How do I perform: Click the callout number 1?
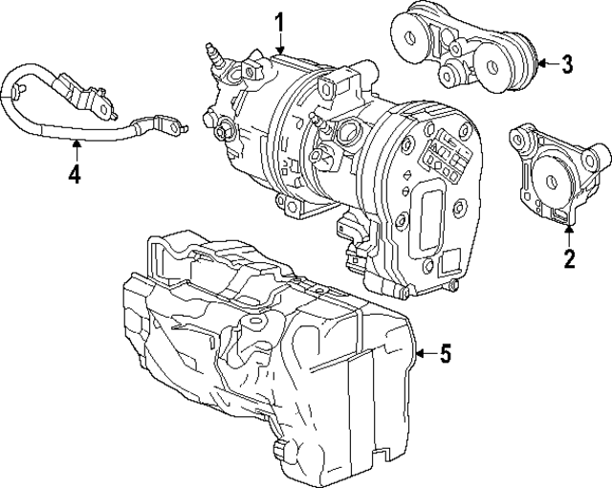pyautogui.click(x=280, y=20)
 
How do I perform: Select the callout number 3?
pyautogui.click(x=567, y=65)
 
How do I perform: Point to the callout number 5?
pyautogui.click(x=444, y=356)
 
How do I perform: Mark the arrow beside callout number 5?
pyautogui.click(x=422, y=356)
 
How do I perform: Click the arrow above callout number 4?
pyautogui.click(x=74, y=148)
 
